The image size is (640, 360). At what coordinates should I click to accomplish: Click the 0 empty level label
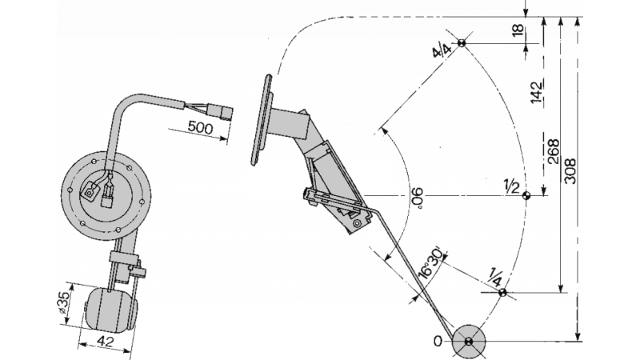coord(438,342)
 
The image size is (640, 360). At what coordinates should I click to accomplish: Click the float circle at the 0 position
coord(469,342)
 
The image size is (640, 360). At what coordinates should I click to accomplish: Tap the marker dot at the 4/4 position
coord(463,43)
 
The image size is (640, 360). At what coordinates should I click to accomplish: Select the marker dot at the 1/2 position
coord(526,195)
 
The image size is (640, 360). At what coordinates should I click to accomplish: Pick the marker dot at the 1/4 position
coord(502,293)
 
